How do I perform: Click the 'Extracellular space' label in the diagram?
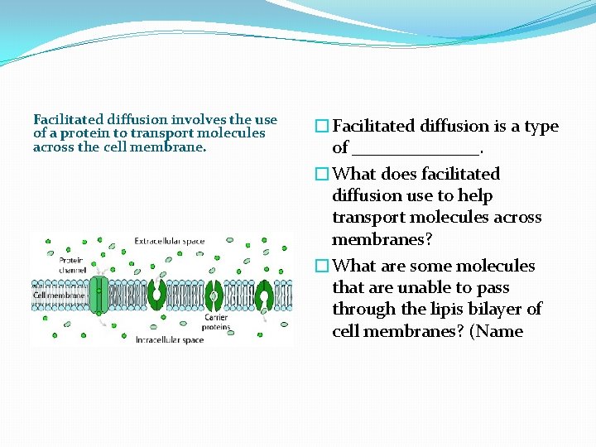tap(169, 242)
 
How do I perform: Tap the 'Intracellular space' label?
tap(169, 339)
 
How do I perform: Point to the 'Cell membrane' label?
tap(58, 295)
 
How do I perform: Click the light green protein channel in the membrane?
tap(99, 295)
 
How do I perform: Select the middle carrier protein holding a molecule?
tap(214, 295)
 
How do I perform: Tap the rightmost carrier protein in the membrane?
tap(265, 295)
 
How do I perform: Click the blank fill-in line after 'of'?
tap(416, 149)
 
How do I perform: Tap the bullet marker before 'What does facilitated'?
tap(322, 175)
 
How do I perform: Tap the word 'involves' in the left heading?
tap(199, 120)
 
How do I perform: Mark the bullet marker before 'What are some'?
tap(322, 267)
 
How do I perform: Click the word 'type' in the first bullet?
tap(541, 127)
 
